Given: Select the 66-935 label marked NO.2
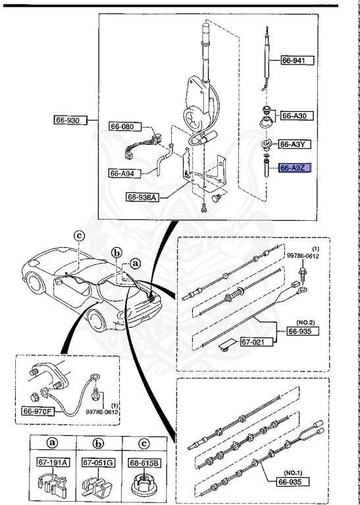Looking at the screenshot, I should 303,333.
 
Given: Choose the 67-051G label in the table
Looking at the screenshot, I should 97,464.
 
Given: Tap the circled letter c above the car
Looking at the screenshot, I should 78,235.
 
